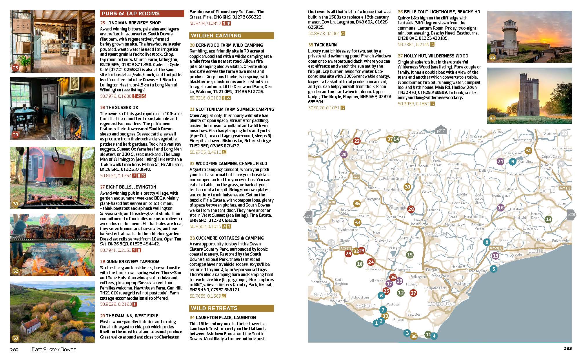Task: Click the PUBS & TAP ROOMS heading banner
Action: pyautogui.click(x=142, y=13)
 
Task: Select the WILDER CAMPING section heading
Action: pyautogui.click(x=232, y=36)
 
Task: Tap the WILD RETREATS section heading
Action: pyautogui.click(x=232, y=308)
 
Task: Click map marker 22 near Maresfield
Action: pyautogui.click(x=357, y=141)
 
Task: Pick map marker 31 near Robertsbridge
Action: pyautogui.click(x=528, y=151)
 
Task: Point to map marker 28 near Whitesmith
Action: pyautogui.click(x=411, y=209)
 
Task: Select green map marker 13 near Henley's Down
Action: pyautogui.click(x=548, y=219)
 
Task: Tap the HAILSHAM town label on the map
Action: pyautogui.click(x=436, y=234)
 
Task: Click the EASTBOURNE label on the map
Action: pyautogui.click(x=441, y=304)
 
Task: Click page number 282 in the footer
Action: pyautogui.click(x=14, y=350)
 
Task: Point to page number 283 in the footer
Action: pyautogui.click(x=568, y=348)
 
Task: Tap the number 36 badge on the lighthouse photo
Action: pyautogui.click(x=492, y=57)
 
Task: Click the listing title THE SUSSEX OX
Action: pyautogui.click(x=119, y=108)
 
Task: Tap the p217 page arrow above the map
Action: pyautogui.click(x=441, y=131)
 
